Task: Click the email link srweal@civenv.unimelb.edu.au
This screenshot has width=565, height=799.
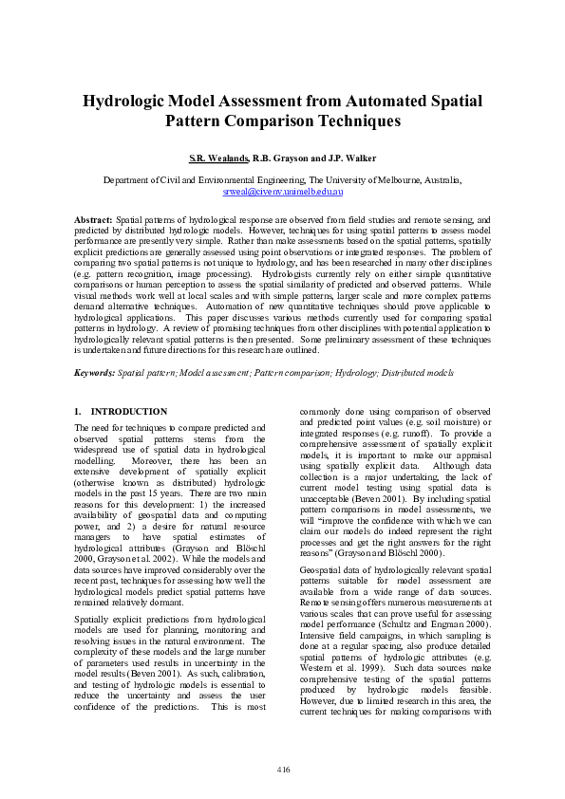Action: [x=282, y=191]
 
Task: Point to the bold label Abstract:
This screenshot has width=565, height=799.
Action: [x=94, y=219]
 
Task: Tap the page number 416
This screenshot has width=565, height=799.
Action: [x=282, y=769]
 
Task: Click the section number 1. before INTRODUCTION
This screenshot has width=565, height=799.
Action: [x=78, y=412]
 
